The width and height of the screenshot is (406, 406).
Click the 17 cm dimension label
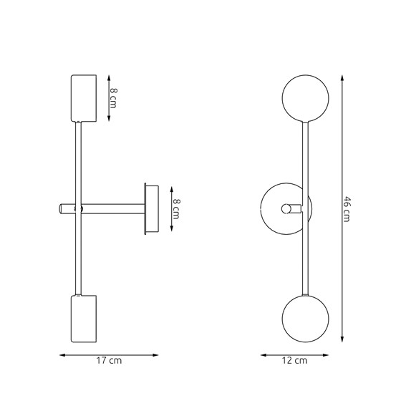(x=109, y=360)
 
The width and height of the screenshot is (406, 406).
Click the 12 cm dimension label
(x=295, y=360)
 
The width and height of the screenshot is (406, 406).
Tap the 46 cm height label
(x=347, y=209)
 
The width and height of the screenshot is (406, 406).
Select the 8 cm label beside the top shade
(x=113, y=98)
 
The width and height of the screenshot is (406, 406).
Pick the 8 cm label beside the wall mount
(x=176, y=208)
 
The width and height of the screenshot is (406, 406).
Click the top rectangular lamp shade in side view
(x=84, y=98)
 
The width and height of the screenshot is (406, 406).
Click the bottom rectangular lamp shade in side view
(x=84, y=319)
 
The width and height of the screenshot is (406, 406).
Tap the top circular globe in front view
(x=306, y=98)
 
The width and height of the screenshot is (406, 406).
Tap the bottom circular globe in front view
(x=306, y=319)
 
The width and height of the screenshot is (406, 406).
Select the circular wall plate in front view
(x=261, y=208)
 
